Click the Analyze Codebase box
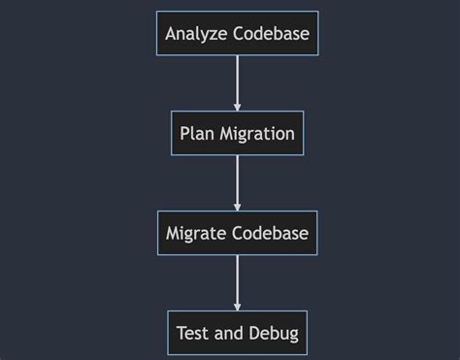click(x=237, y=34)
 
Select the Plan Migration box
click(x=237, y=133)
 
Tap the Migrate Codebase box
click(x=237, y=233)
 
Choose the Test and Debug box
click(x=237, y=333)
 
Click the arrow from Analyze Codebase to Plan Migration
click(x=237, y=82)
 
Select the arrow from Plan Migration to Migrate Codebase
click(x=237, y=181)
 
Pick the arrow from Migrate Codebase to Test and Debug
click(x=237, y=280)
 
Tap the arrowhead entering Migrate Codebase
click(x=237, y=206)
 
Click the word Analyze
click(x=195, y=35)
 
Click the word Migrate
click(x=197, y=234)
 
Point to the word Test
click(x=192, y=333)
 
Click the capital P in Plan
click(x=184, y=133)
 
